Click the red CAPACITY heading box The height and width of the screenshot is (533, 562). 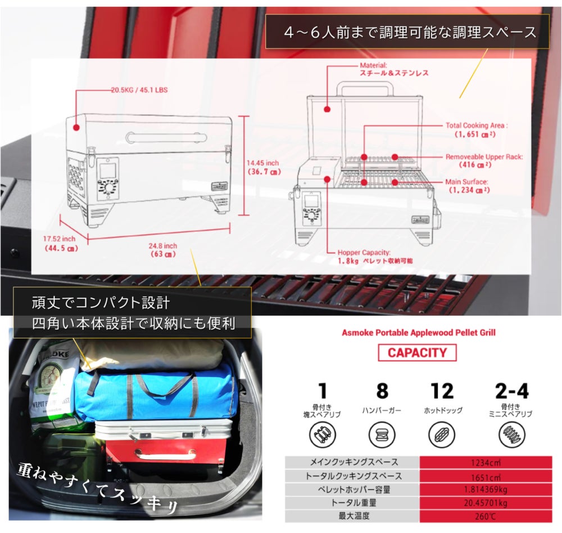point(418,353)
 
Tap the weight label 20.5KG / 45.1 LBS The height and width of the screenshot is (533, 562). point(139,89)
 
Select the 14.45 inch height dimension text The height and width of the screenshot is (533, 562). point(263,164)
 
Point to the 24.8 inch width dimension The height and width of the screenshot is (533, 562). point(163,246)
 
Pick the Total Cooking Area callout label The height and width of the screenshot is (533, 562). point(476,126)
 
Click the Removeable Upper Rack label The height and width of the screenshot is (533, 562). point(484,157)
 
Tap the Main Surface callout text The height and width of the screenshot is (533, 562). point(466,182)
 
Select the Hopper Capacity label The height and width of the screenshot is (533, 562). point(364,253)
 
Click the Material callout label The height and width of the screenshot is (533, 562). point(374,65)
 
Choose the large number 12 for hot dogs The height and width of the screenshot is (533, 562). point(442,391)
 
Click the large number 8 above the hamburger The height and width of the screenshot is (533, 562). point(382,391)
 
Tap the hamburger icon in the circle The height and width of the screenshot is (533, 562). point(382,435)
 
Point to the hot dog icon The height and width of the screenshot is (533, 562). point(442,435)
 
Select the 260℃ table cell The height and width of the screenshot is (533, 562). point(486,516)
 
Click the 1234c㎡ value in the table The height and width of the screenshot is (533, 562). point(486,462)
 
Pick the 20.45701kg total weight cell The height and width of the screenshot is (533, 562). point(486,503)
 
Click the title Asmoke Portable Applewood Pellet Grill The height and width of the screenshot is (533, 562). point(419,333)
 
